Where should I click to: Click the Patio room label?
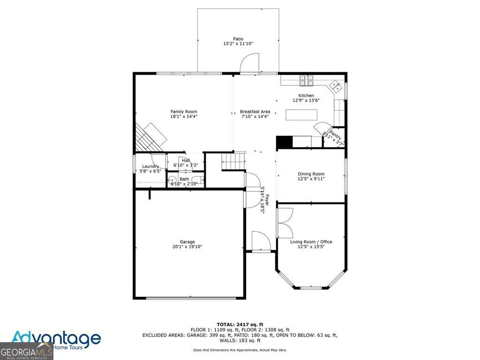point(238,39)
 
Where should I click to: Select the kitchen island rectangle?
point(301,115)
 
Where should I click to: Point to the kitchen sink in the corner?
point(336,85)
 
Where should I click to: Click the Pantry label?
point(334,137)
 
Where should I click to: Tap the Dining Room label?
point(311,174)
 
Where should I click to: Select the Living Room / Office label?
point(311,242)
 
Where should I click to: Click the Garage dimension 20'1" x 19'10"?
point(187,247)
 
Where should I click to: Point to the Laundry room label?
point(150,166)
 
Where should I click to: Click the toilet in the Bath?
point(172,180)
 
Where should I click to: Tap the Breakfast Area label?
point(255,112)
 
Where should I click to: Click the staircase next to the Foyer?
point(233,161)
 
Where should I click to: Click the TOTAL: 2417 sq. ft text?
point(240,324)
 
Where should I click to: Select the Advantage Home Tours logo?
point(56,339)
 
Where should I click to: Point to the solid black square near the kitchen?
point(284,142)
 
